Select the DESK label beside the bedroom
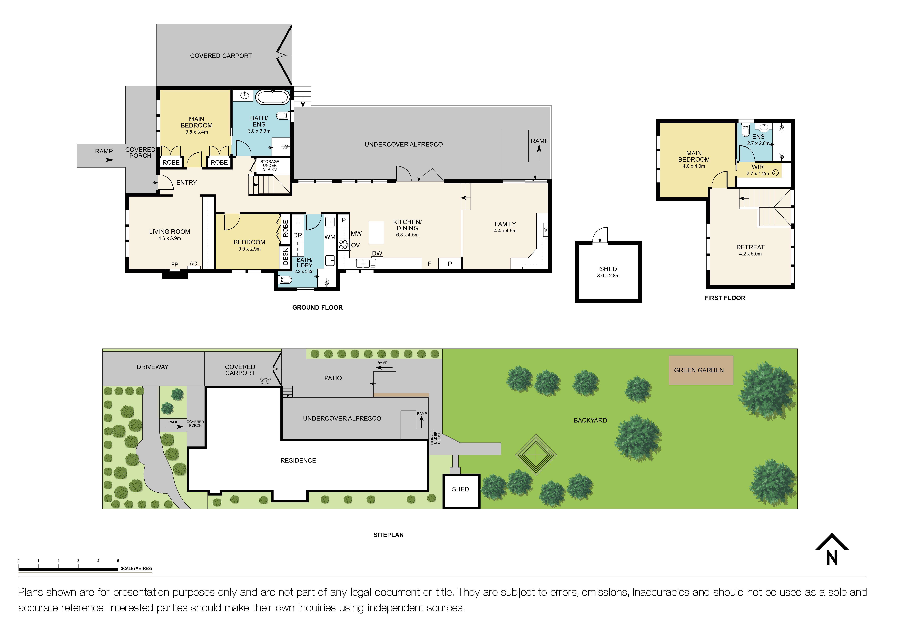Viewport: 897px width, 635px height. pos(285,256)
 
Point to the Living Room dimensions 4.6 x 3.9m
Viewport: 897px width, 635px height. pos(170,239)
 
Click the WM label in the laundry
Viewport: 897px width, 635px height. pos(330,237)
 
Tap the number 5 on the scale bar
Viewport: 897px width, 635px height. pos(118,561)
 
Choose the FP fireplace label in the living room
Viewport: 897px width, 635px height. pos(175,265)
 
